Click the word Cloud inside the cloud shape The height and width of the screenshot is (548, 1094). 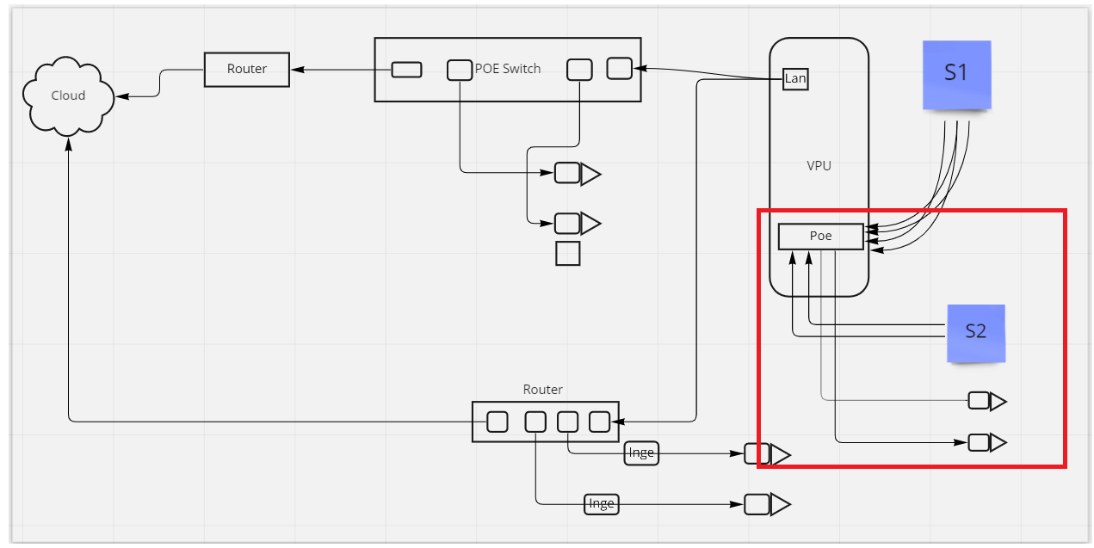pos(68,95)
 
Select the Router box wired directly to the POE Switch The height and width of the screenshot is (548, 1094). pos(246,69)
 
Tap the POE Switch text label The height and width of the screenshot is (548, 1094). pos(508,69)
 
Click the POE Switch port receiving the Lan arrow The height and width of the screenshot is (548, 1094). pos(619,68)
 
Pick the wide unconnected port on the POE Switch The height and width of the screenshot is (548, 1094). pos(406,70)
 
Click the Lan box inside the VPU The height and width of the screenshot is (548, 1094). pos(795,79)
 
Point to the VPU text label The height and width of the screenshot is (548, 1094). pos(819,165)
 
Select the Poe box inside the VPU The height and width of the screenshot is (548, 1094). pos(820,237)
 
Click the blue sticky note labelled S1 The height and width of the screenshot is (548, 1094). pos(956,74)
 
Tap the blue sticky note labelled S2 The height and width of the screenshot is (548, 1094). pos(975,332)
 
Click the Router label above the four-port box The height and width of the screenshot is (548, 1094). pos(542,390)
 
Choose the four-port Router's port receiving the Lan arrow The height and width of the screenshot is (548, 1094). pos(599,422)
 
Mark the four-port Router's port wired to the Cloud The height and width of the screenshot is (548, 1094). pos(497,422)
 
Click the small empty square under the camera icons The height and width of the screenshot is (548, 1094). pos(567,254)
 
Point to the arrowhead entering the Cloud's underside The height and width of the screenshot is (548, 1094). pos(68,144)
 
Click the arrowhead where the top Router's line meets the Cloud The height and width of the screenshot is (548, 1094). pos(121,96)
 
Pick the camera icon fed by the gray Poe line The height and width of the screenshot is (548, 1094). pos(986,401)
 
